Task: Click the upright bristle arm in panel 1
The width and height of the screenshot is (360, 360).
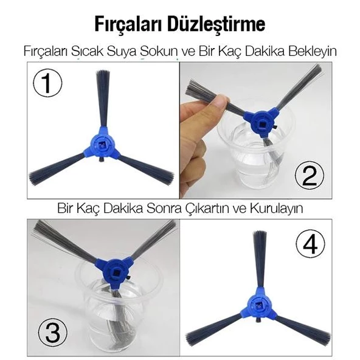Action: (103, 100)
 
